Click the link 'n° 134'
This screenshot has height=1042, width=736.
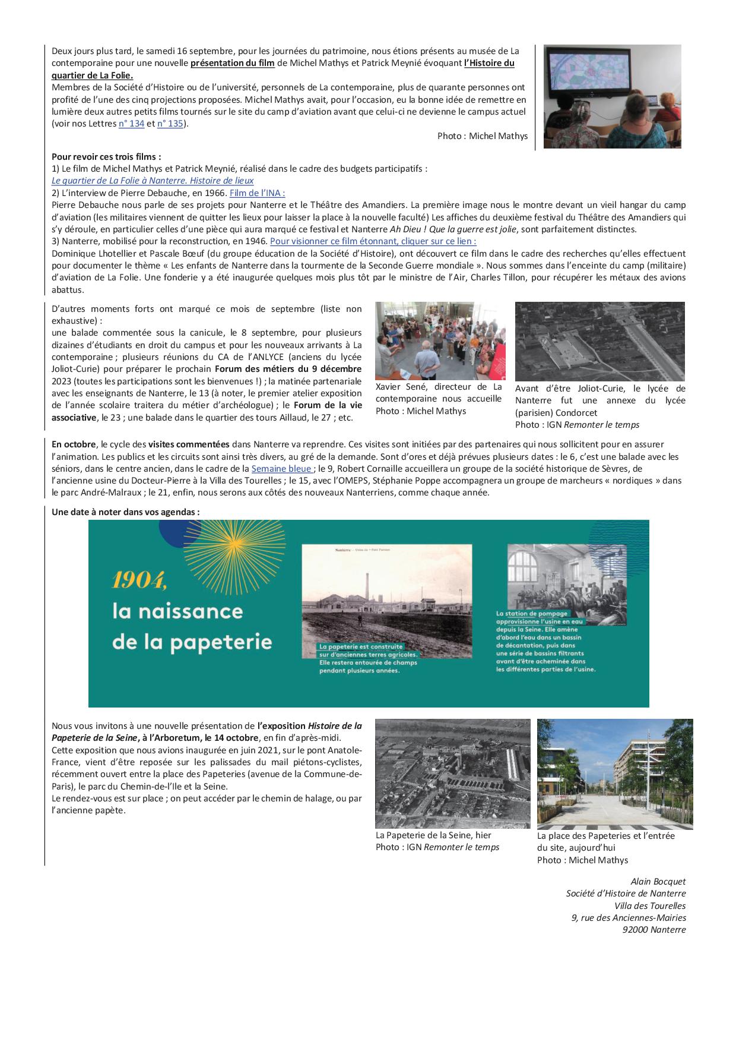coord(131,124)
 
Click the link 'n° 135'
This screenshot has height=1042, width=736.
coord(169,124)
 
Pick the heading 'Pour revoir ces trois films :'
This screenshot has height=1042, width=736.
coord(106,157)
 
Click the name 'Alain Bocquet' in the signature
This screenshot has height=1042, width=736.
coord(658,882)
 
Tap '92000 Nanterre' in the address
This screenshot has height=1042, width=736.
coord(653,930)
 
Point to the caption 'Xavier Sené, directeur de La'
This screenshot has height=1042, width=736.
coord(438,387)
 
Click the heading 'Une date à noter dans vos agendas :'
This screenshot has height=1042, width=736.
coord(125,511)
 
